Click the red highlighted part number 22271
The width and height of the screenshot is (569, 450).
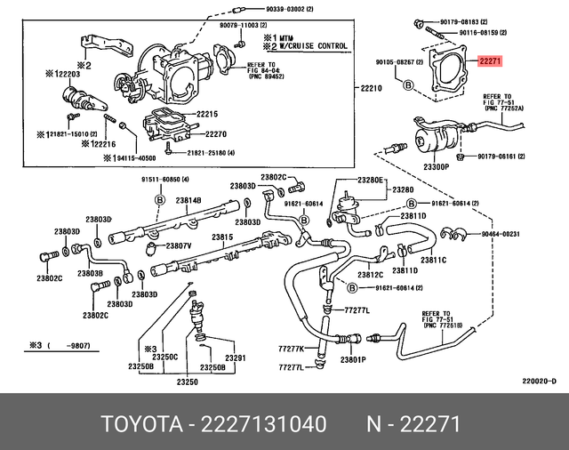pyautogui.click(x=492, y=62)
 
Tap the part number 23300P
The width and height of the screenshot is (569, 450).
pyautogui.click(x=437, y=166)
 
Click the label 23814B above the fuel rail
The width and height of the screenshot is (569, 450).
pyautogui.click(x=188, y=201)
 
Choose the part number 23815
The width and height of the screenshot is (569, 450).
pyautogui.click(x=221, y=237)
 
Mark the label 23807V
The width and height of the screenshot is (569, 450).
pyautogui.click(x=179, y=245)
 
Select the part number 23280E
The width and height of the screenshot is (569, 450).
pyautogui.click(x=370, y=180)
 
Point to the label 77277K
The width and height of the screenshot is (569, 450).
pyautogui.click(x=291, y=348)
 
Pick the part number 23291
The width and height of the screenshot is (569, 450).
pyautogui.click(x=235, y=358)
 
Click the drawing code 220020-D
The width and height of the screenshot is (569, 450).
pyautogui.click(x=539, y=382)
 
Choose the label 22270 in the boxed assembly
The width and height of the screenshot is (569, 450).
pyautogui.click(x=217, y=134)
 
